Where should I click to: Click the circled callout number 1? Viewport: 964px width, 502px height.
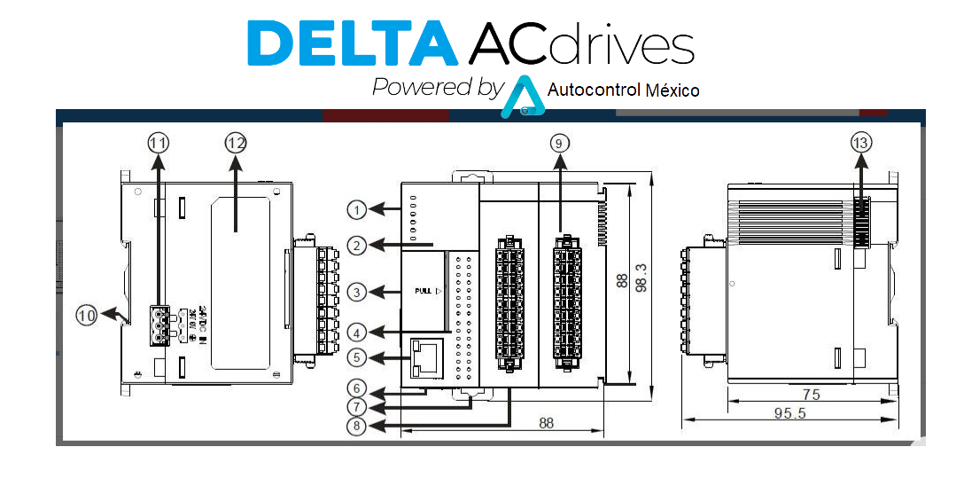(356, 210)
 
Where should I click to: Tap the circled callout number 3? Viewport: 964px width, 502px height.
(356, 291)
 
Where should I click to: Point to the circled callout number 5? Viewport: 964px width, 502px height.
(356, 357)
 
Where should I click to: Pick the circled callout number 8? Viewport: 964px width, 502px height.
(356, 426)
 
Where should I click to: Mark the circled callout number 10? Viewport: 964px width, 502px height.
(86, 314)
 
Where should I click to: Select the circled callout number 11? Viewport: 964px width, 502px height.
(159, 142)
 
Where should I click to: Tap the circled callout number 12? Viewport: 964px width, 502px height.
(235, 142)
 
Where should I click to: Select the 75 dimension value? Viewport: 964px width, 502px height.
(810, 394)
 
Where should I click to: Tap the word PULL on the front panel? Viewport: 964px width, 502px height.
(423, 291)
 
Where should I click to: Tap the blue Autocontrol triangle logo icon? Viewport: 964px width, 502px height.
(522, 98)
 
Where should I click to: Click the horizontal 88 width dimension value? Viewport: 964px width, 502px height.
(547, 423)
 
